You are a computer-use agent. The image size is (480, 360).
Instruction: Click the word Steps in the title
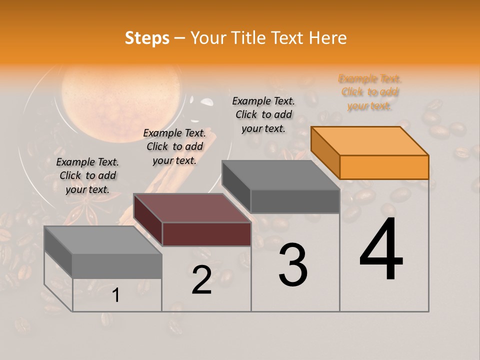point(147,38)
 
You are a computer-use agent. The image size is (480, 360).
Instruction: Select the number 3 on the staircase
point(293,265)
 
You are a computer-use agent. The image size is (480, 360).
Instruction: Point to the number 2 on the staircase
point(201,280)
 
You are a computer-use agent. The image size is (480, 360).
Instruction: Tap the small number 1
point(116,295)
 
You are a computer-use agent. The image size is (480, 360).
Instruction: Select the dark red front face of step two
point(206,234)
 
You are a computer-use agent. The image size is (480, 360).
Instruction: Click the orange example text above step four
point(370,92)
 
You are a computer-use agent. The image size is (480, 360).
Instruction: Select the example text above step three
point(263,114)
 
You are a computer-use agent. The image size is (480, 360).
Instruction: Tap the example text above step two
point(174,146)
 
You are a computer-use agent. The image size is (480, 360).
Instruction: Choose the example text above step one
point(87,175)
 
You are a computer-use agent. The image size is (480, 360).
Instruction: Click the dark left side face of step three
point(236,186)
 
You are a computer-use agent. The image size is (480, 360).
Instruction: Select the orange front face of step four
point(384,167)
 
